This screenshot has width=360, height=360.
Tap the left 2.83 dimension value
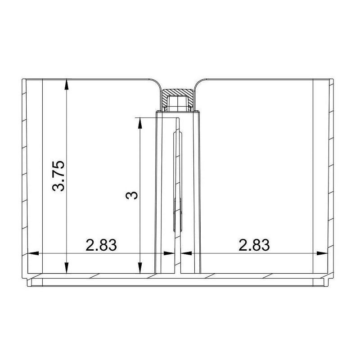(x=101, y=245)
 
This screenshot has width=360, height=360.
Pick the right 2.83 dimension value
(x=254, y=245)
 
